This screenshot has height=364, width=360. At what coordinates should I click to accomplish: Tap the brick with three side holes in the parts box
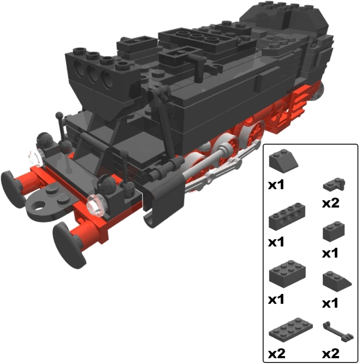[x=287, y=216]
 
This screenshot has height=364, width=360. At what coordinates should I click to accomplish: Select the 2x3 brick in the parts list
[x=287, y=274]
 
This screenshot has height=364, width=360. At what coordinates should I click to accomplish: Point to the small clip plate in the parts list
[x=334, y=185]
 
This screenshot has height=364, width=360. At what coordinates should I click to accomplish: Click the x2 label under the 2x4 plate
[x=276, y=354]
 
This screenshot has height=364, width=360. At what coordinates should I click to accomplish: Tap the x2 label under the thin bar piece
[x=330, y=354]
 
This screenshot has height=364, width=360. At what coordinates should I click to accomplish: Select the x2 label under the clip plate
[x=330, y=203]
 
